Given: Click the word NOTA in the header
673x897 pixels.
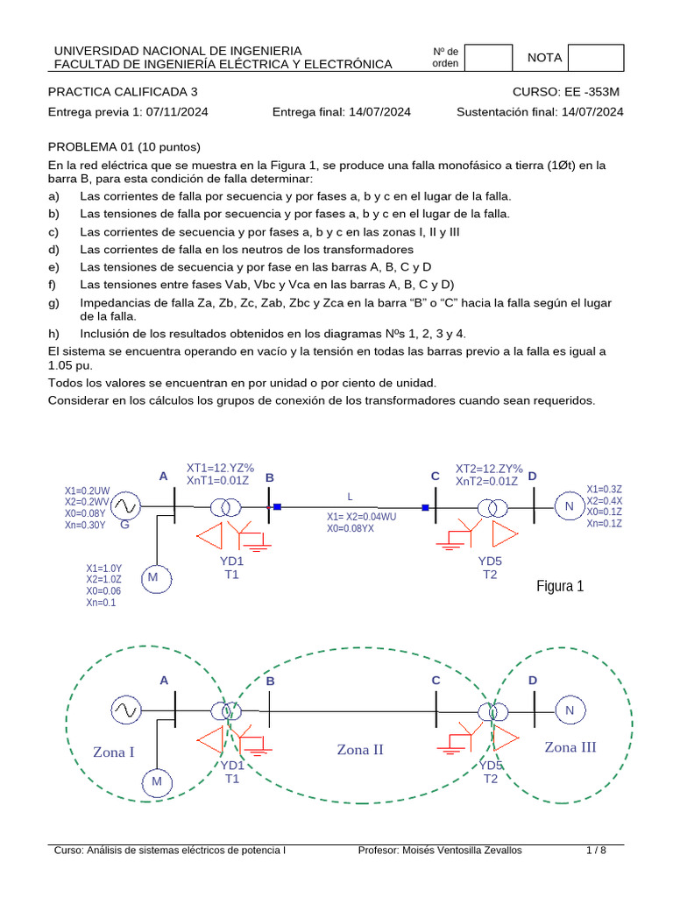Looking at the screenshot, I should [x=544, y=58].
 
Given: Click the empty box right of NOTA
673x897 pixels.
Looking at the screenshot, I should [x=596, y=58].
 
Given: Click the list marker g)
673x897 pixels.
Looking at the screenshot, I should [x=53, y=302].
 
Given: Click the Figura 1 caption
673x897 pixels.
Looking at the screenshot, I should [x=560, y=586].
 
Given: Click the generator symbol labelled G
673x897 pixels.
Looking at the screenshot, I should [x=124, y=506].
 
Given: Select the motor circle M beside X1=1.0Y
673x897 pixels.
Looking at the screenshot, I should [x=152, y=577].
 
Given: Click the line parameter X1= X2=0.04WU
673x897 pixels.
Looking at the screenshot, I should [x=361, y=517].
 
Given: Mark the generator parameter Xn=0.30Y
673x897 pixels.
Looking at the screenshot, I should [x=85, y=526].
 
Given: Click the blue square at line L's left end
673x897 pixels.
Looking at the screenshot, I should [x=277, y=506].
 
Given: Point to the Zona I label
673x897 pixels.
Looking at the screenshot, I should [x=114, y=752].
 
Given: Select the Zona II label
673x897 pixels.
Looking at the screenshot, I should [x=360, y=750].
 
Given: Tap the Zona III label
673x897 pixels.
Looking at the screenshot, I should [x=570, y=747].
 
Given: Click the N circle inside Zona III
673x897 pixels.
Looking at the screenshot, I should [x=569, y=710].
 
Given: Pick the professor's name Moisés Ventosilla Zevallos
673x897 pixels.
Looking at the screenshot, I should [x=465, y=850].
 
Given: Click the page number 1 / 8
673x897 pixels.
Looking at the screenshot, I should [x=596, y=850].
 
